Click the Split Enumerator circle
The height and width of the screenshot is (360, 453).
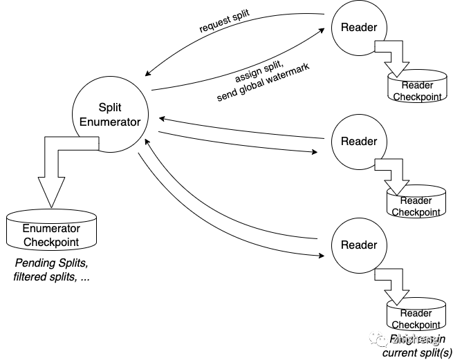111,115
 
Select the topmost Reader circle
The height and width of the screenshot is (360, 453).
359,28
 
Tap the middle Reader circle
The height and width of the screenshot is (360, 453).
359,142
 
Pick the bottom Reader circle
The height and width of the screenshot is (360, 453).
359,245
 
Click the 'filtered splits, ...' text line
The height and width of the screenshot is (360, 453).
51,277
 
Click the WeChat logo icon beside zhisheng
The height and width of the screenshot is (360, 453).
378,338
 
